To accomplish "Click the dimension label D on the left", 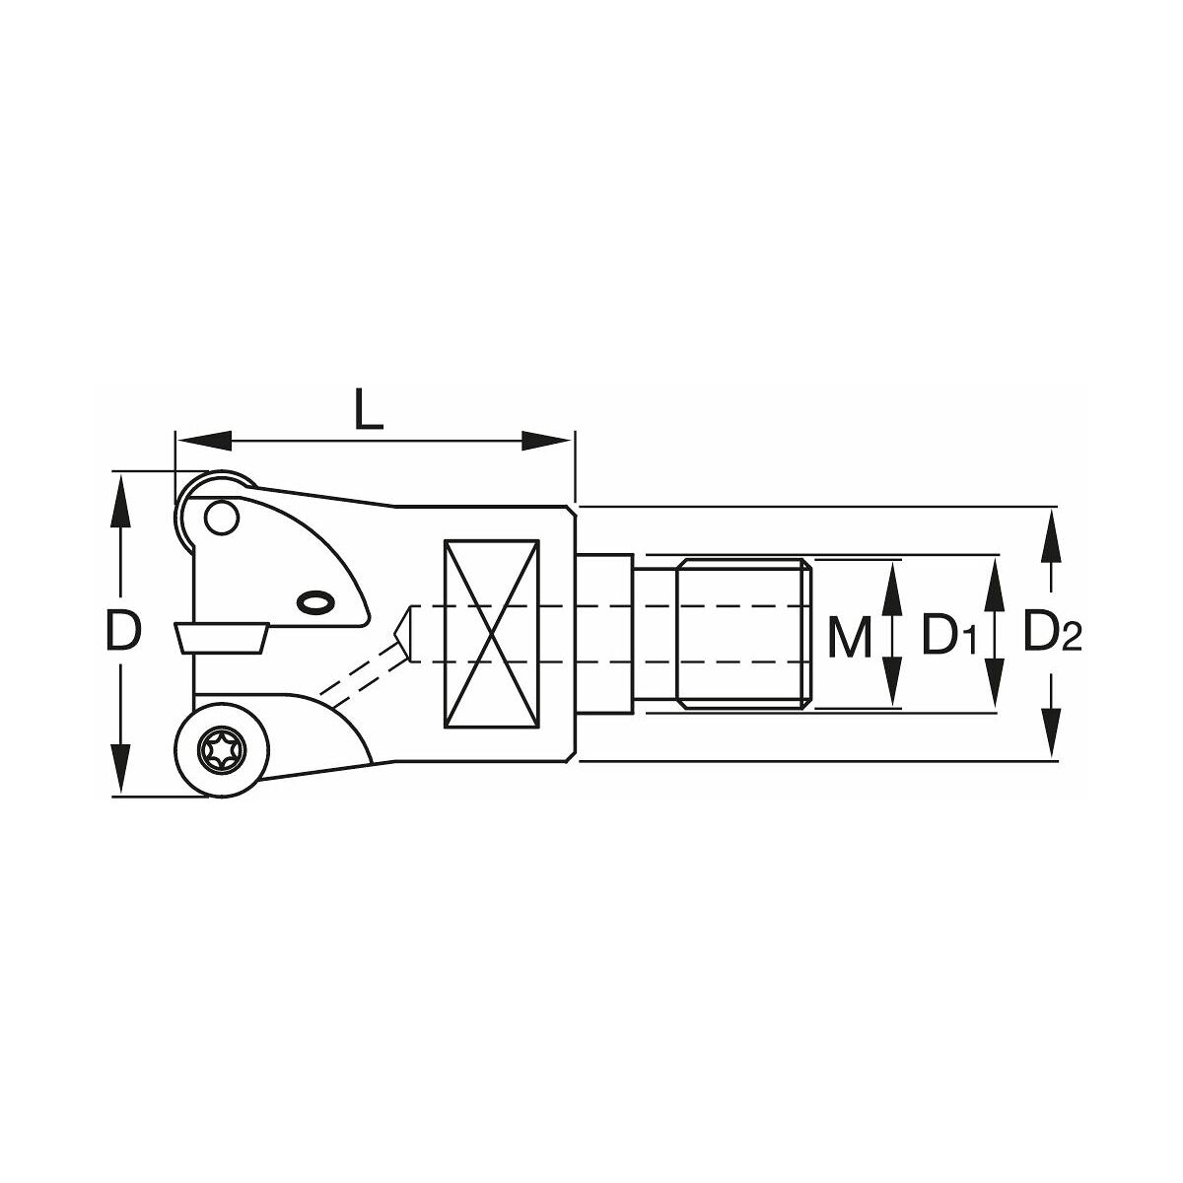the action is click(x=123, y=631).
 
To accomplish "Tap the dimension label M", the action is click(x=850, y=637).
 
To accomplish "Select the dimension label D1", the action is click(x=948, y=637).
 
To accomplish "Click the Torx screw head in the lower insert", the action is click(x=222, y=749).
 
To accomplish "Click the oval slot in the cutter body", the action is click(x=316, y=602).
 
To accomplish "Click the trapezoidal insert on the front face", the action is click(x=222, y=638).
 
